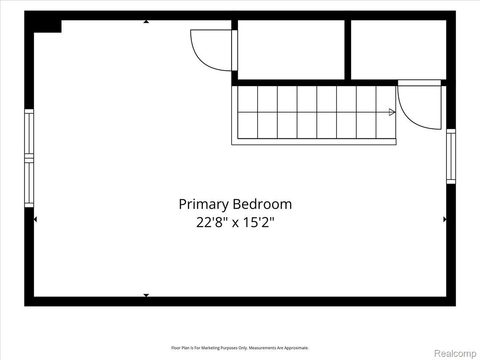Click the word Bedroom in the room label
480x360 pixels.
click(x=262, y=204)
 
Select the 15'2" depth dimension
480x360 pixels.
click(x=259, y=223)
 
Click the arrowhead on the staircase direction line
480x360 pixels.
click(x=392, y=112)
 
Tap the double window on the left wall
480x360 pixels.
click(x=29, y=158)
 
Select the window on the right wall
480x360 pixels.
click(x=451, y=156)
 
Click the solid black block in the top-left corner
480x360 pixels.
click(x=43, y=22)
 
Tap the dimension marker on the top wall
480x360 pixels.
click(x=146, y=22)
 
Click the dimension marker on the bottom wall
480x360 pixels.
click(x=146, y=295)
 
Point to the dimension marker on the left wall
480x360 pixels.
click(x=35, y=219)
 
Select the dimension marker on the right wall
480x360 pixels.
click(x=445, y=219)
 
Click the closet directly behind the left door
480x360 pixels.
click(x=291, y=50)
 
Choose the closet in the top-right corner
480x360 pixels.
click(x=399, y=50)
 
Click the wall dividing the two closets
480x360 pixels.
click(x=348, y=50)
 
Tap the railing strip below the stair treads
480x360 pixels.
click(x=314, y=142)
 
